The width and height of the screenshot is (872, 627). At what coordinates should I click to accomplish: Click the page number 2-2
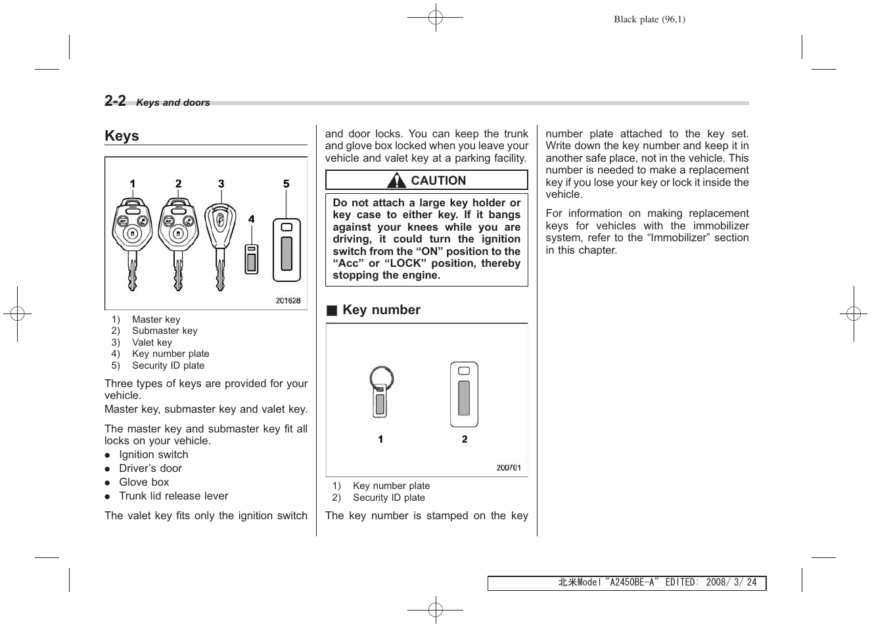[x=115, y=101]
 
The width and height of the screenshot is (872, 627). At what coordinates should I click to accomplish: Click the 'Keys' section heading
[x=122, y=136]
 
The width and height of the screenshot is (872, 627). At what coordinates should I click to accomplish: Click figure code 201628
[x=288, y=300]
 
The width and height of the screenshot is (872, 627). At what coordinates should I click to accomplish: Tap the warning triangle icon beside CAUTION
[x=397, y=180]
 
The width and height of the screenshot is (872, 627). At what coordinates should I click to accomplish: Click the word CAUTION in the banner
[x=438, y=181]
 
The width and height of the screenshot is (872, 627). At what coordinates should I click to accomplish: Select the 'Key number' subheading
[x=381, y=310]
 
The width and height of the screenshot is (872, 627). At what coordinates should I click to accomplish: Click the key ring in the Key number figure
[x=381, y=379]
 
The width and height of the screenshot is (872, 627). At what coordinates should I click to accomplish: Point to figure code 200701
[x=509, y=468]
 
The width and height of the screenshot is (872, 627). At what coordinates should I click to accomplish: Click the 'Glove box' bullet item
[x=144, y=482]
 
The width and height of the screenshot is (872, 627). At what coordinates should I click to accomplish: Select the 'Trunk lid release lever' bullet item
[x=173, y=496]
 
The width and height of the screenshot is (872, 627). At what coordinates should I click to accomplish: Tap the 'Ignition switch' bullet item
[x=153, y=455]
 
